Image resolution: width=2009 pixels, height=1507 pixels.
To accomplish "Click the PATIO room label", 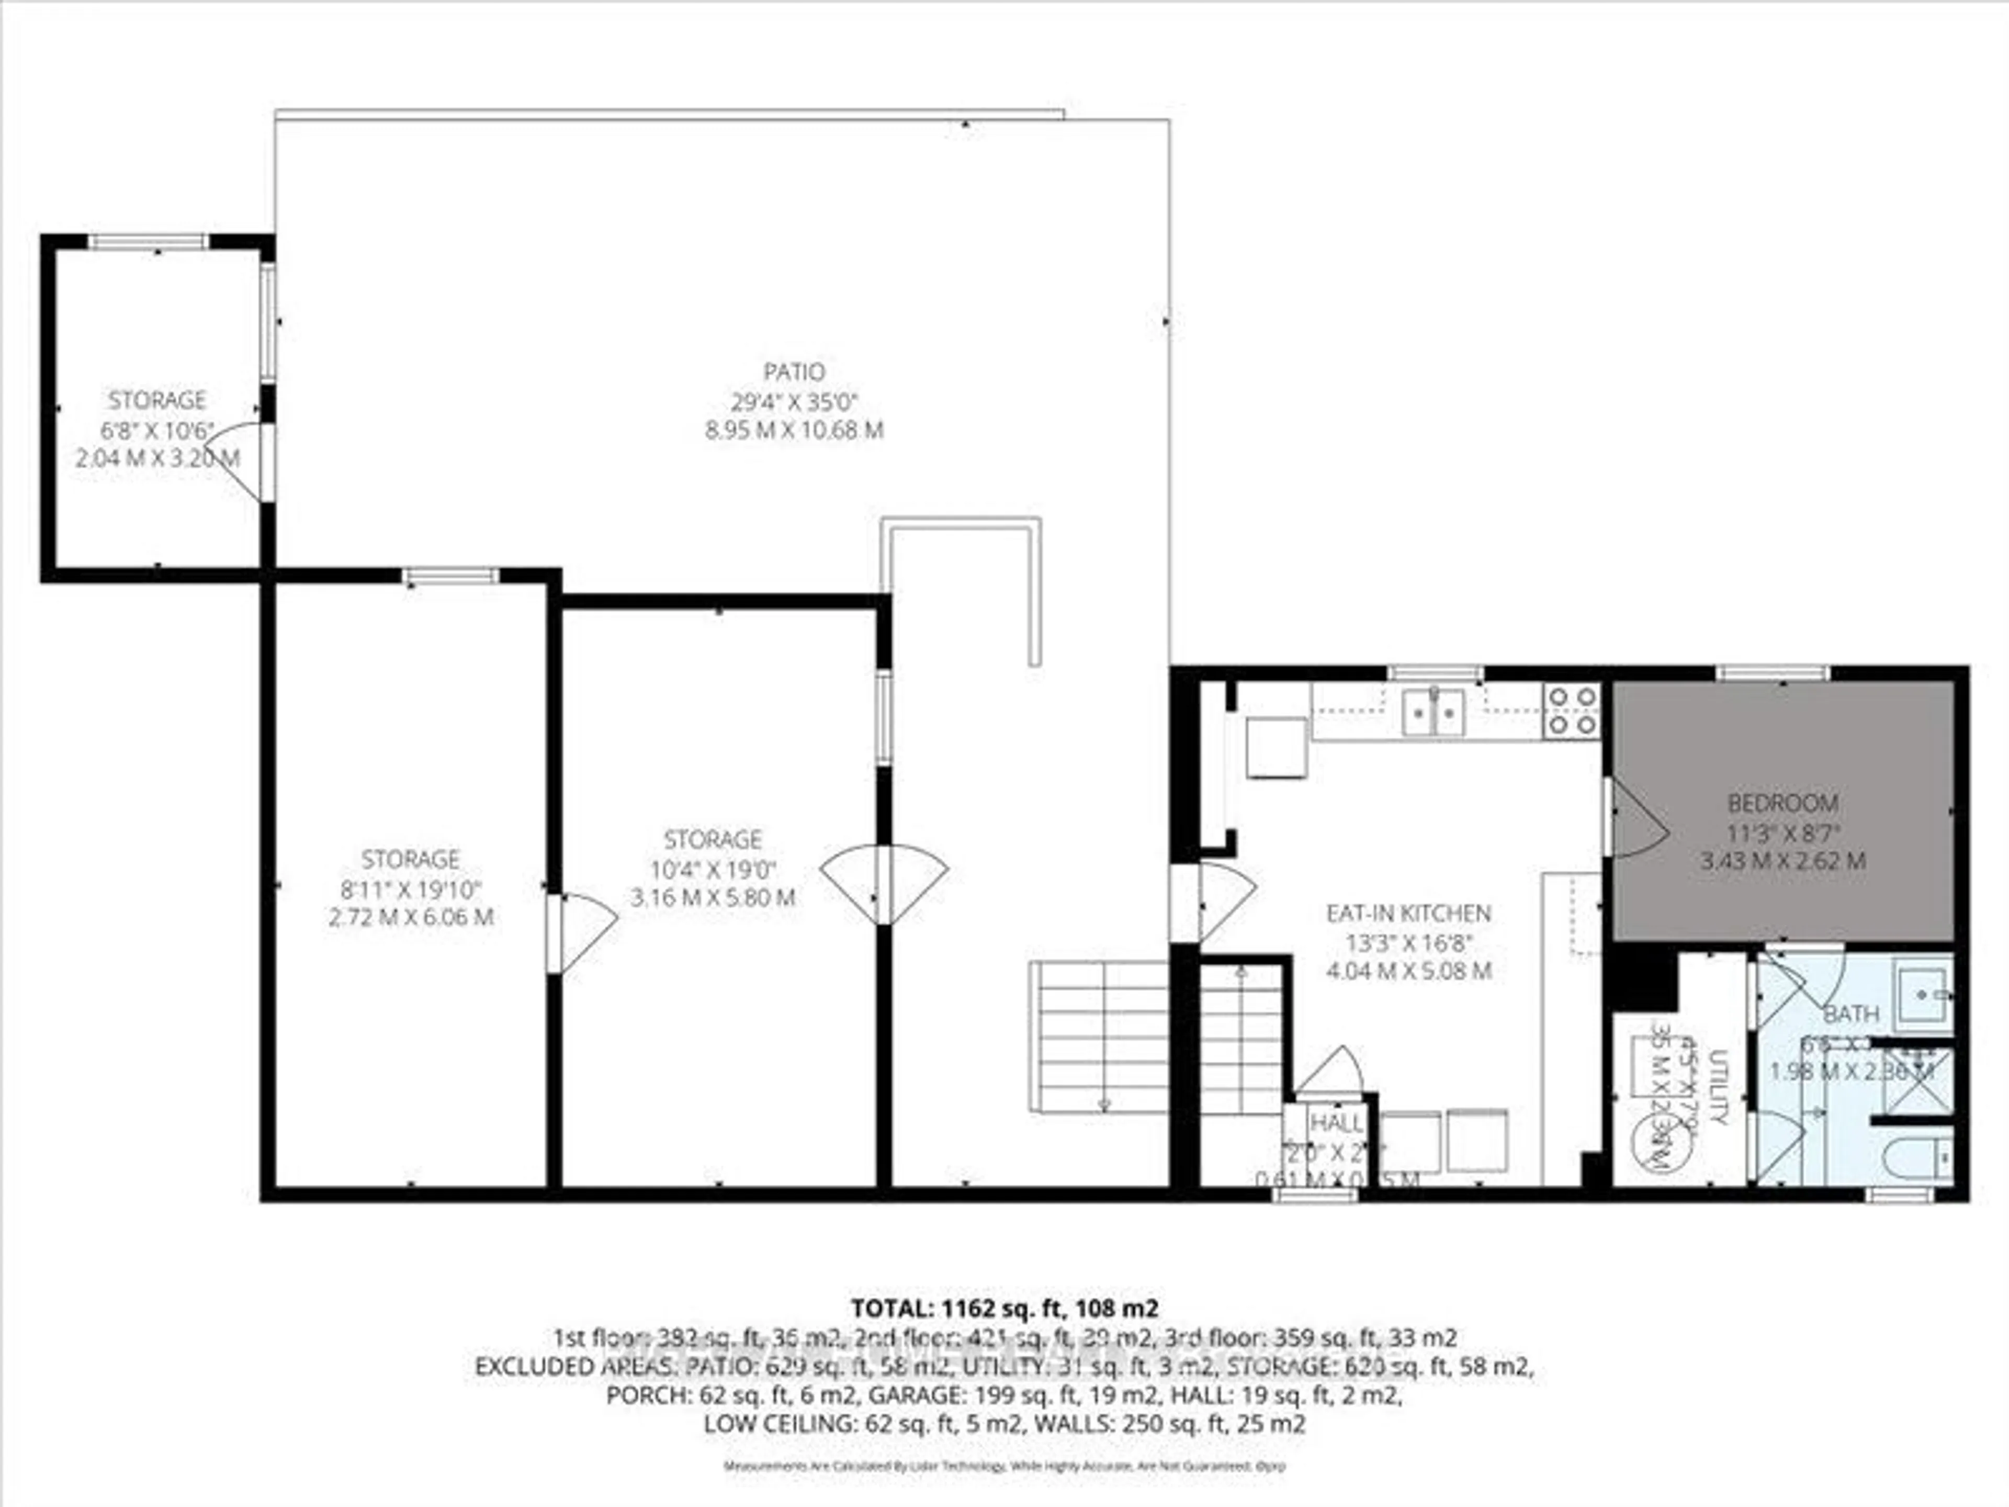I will tap(794, 372).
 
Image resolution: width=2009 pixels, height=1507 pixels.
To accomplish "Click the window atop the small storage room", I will tap(148, 242).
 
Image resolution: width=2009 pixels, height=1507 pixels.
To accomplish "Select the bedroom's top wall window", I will tap(1771, 673).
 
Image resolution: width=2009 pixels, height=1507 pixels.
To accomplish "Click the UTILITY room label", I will tap(1717, 1086).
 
